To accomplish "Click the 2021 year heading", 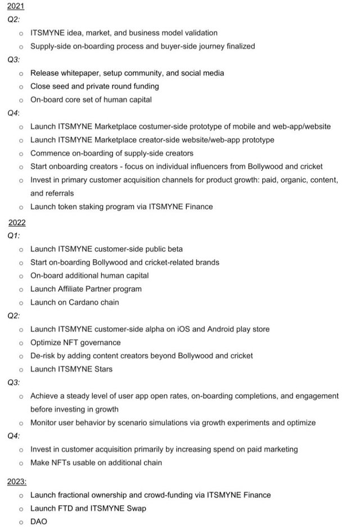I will [x=15, y=6].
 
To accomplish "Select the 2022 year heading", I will [x=17, y=222].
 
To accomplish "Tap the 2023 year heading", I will [x=17, y=482].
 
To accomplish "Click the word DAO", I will [x=39, y=522].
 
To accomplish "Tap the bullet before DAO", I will [x=21, y=522].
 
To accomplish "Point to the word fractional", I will [x=77, y=495].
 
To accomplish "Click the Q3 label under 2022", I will [x=13, y=383].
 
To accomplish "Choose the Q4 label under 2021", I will [x=13, y=113].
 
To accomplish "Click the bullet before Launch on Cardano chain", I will [x=21, y=303].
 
